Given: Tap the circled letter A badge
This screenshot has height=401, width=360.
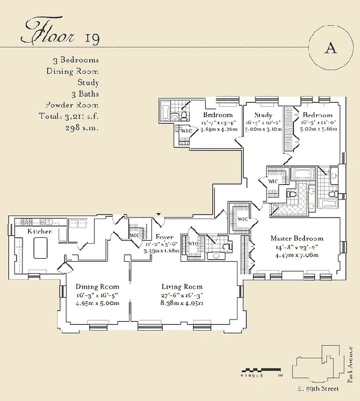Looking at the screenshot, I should pos(330,48).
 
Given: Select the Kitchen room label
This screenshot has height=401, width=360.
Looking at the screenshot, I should pos(40,231).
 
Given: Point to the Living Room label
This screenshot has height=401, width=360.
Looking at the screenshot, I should pos(182,287).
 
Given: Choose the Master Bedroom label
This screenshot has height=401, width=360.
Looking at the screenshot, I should pos(297,238).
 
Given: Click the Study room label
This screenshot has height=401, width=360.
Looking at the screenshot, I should pos(263,115).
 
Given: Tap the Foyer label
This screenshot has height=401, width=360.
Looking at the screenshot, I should pos(164,237).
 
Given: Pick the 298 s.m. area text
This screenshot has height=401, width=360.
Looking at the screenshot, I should pos(82,128).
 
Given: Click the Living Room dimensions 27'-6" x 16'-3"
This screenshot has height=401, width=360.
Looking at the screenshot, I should pos(182,295).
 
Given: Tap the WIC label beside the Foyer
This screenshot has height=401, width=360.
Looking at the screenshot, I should pos(134,235).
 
